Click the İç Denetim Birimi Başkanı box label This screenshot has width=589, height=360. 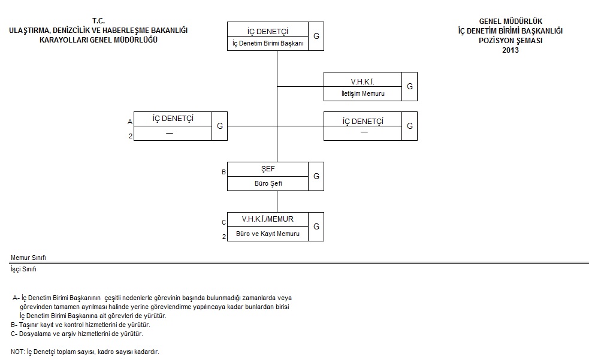[x=268, y=43]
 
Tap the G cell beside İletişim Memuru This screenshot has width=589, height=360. [x=409, y=86]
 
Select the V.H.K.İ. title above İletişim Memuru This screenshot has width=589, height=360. [x=363, y=81]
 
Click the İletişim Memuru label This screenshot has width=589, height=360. [x=363, y=93]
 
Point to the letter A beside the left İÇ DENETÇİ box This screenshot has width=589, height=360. [x=130, y=122]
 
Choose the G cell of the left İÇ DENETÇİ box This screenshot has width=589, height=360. [x=220, y=126]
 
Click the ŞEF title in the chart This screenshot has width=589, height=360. [x=268, y=169]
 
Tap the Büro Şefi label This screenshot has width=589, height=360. [x=268, y=183]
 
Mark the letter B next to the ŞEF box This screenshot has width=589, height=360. [x=223, y=172]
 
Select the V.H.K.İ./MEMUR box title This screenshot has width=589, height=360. [x=267, y=219]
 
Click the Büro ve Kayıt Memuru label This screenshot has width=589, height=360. [x=268, y=234]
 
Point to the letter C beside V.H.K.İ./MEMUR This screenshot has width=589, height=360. [x=223, y=222]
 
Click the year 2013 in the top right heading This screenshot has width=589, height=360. [x=511, y=50]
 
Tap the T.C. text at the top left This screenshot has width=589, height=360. [x=98, y=21]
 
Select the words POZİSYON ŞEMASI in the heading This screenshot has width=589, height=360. [x=511, y=41]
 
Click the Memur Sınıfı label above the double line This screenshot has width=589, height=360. [x=28, y=258]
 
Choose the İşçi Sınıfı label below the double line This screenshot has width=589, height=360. [x=23, y=269]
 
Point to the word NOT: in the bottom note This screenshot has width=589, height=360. [x=17, y=352]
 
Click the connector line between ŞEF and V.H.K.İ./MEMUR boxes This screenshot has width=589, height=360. [x=277, y=202]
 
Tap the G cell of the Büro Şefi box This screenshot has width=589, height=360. [x=316, y=176]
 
